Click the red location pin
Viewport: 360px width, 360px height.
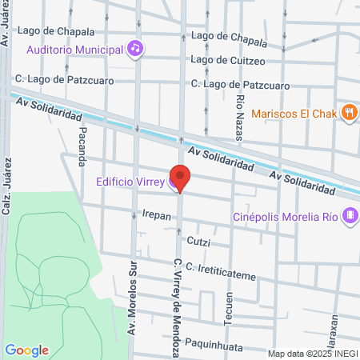[x=180, y=178]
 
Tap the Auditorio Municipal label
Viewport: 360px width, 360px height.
[x=76, y=50]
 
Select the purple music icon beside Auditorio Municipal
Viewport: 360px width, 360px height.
[x=136, y=49]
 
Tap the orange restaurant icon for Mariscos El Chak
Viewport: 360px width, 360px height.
[x=348, y=113]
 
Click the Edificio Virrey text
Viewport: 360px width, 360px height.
[x=130, y=181]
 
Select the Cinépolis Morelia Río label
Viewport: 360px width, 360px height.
[x=285, y=216]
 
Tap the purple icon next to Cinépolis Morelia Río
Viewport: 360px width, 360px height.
[x=349, y=216]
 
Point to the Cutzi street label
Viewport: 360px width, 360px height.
[x=198, y=239]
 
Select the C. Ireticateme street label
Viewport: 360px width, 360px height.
[x=220, y=270]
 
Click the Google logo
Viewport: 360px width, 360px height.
[x=26, y=350]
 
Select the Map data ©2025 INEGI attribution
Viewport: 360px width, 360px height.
[x=312, y=354]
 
